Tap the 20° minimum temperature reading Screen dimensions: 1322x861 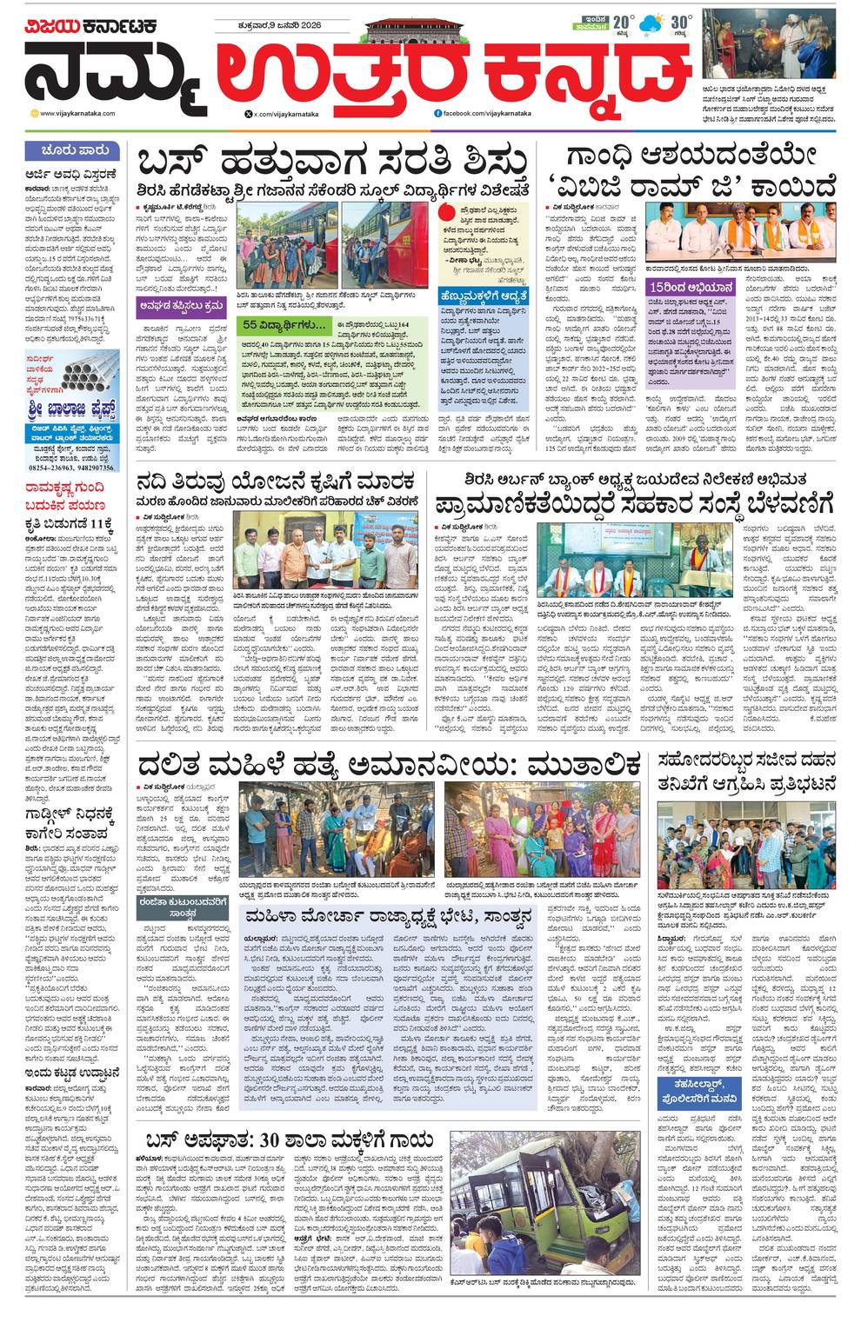click(620, 23)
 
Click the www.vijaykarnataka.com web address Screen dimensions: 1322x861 click(88, 113)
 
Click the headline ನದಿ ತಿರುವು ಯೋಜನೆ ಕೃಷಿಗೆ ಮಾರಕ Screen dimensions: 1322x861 click(277, 482)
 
